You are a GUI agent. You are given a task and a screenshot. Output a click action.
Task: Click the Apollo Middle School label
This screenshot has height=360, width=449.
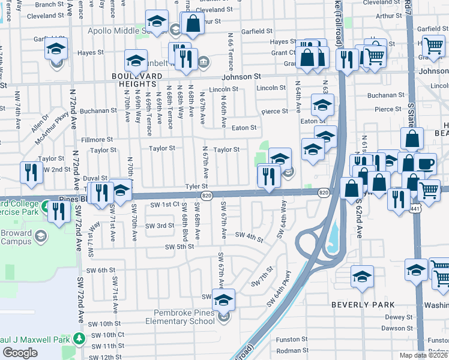click(120, 31)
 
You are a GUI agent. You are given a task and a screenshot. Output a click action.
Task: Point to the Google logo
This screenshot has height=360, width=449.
click(20, 353)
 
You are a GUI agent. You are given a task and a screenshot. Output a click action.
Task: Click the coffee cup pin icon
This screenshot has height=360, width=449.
click(426, 164)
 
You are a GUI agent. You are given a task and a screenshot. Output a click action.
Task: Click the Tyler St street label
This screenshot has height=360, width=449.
click(196, 187)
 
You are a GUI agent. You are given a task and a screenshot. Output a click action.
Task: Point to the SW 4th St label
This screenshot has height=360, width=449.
click(249, 236)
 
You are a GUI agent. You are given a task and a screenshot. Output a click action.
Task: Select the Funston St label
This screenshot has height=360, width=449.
click(292, 340)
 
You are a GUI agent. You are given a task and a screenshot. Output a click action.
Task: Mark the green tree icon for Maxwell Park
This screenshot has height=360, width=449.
click(79, 339)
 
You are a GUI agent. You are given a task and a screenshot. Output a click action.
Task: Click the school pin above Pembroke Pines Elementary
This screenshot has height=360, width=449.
click(224, 299)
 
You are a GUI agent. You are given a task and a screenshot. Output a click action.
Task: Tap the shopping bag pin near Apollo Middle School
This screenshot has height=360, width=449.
click(193, 25)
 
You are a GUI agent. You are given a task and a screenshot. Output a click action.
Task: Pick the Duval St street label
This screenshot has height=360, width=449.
click(95, 178)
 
